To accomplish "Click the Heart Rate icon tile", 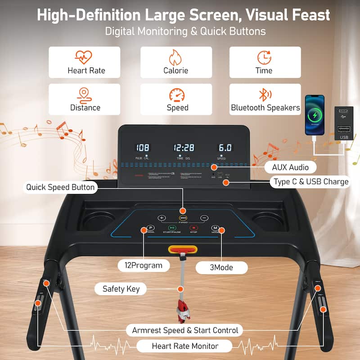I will click(84, 62).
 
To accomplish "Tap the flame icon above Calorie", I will click(175, 58).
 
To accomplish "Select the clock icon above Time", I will click(264, 58).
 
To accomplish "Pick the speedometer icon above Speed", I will click(176, 95).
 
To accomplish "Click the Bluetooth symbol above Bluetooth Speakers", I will click(265, 95).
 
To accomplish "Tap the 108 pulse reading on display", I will click(143, 148).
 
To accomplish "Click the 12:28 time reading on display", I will click(184, 148).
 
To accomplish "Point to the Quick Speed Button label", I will click(61, 187).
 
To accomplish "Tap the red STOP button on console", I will click(193, 229).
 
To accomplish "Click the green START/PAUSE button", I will click(172, 229).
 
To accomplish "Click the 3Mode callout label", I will click(221, 267).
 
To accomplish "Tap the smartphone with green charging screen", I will click(315, 115).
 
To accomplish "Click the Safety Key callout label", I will click(121, 289).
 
